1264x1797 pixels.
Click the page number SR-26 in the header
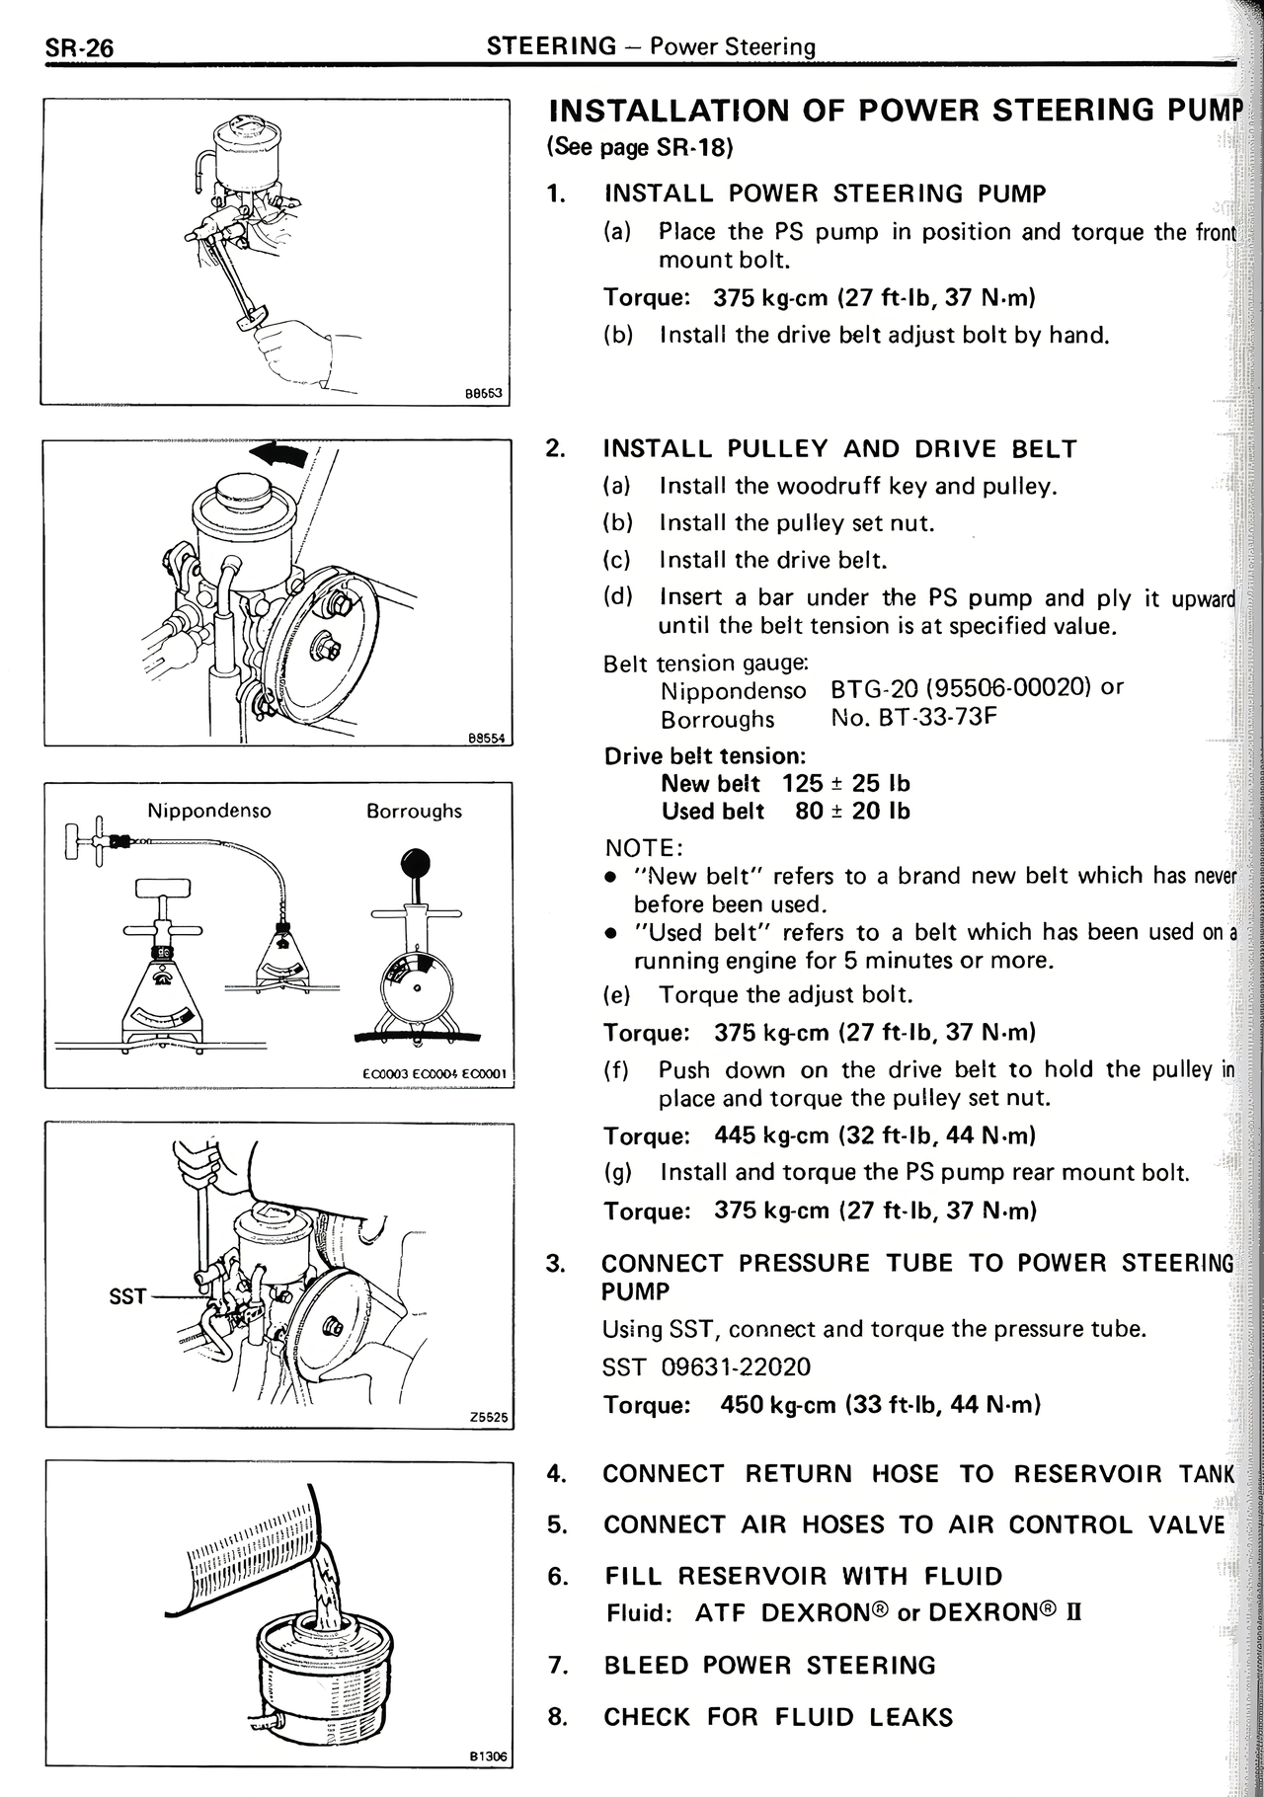click(78, 47)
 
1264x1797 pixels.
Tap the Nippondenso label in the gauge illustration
click(208, 811)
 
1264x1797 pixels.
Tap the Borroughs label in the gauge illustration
click(414, 811)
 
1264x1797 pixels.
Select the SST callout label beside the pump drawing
click(127, 1296)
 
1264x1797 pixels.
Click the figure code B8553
click(484, 393)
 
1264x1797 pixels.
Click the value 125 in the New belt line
click(802, 784)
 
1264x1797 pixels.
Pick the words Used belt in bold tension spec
click(713, 812)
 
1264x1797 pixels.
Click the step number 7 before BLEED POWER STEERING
click(557, 1666)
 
